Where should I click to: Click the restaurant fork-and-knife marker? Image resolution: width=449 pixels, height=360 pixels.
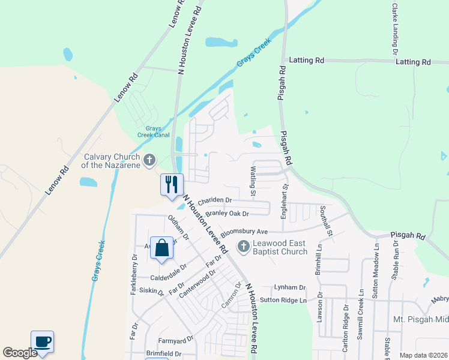coord(172,184)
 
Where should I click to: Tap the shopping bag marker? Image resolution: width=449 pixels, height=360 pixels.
coord(162,247)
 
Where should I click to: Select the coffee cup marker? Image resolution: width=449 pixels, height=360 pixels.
coord(42,342)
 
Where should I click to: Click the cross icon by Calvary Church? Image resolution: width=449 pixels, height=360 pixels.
coord(150,160)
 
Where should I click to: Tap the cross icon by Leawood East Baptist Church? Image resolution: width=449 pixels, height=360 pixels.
coord(243,246)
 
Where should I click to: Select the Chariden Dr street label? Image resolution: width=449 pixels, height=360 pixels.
coord(214,200)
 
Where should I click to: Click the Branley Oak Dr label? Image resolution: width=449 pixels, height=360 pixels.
coord(227,213)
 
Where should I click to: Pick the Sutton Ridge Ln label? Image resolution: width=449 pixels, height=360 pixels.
coord(283,300)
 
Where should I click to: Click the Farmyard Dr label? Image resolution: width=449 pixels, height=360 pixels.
coord(175,339)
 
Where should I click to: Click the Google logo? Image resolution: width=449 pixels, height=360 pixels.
coord(19,353)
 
